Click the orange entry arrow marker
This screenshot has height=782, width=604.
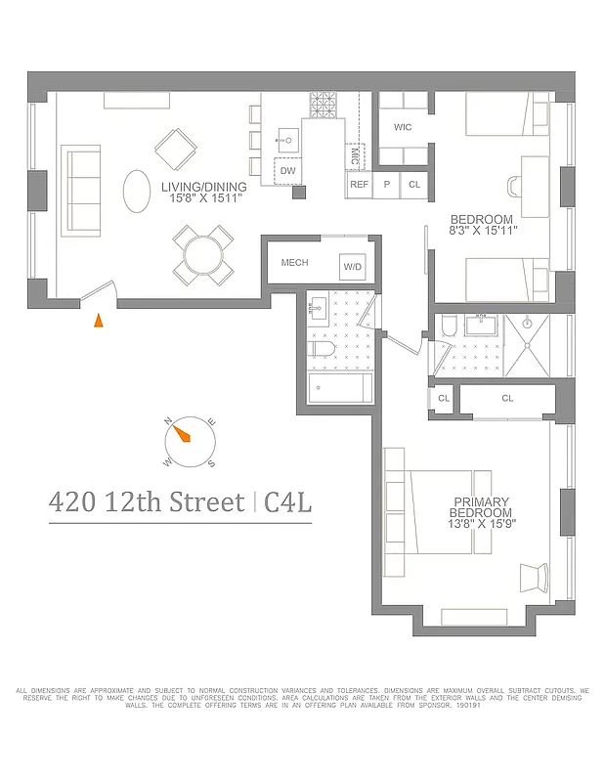[98, 320]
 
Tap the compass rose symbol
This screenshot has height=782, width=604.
[190, 442]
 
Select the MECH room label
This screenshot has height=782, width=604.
[294, 263]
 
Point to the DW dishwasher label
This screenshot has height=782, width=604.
[287, 170]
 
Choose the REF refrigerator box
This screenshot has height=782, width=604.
[359, 184]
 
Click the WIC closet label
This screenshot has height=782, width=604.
[402, 128]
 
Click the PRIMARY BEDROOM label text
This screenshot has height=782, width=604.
[481, 508]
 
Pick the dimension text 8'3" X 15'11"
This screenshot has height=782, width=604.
[481, 230]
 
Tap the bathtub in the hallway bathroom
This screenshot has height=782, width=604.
[339, 389]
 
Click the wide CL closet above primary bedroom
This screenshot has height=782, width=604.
[506, 399]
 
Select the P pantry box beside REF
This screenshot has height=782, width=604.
[387, 184]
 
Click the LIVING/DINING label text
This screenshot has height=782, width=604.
[203, 187]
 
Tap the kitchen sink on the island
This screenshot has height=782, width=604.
[287, 136]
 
